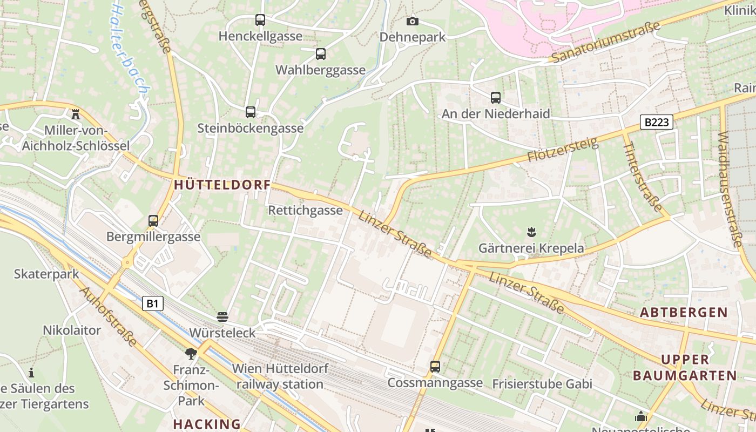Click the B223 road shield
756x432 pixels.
[x=657, y=123]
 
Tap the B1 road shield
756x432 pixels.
[x=153, y=303]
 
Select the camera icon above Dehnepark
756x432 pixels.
[x=413, y=21]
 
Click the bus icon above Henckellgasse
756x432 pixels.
[x=260, y=20]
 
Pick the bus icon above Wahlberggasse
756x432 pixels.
[x=321, y=54]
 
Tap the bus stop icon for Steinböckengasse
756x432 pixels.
[x=251, y=112]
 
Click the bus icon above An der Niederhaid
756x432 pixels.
[x=496, y=98]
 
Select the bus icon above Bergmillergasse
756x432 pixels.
[x=153, y=221]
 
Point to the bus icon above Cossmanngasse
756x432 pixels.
[x=435, y=367]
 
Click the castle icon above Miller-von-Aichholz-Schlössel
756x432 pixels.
[x=76, y=114]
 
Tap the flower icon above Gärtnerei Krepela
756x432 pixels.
[x=531, y=232]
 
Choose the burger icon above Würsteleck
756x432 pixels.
[x=222, y=316]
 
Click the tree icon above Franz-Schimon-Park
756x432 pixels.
[x=190, y=354]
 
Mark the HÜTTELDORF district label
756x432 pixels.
[x=222, y=185]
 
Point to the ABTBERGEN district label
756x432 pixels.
[x=684, y=312]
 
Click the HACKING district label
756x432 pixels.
[x=207, y=424]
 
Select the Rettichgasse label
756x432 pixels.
[x=305, y=210]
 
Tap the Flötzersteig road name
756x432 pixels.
[x=563, y=151]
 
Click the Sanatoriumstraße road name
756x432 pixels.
[x=605, y=43]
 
